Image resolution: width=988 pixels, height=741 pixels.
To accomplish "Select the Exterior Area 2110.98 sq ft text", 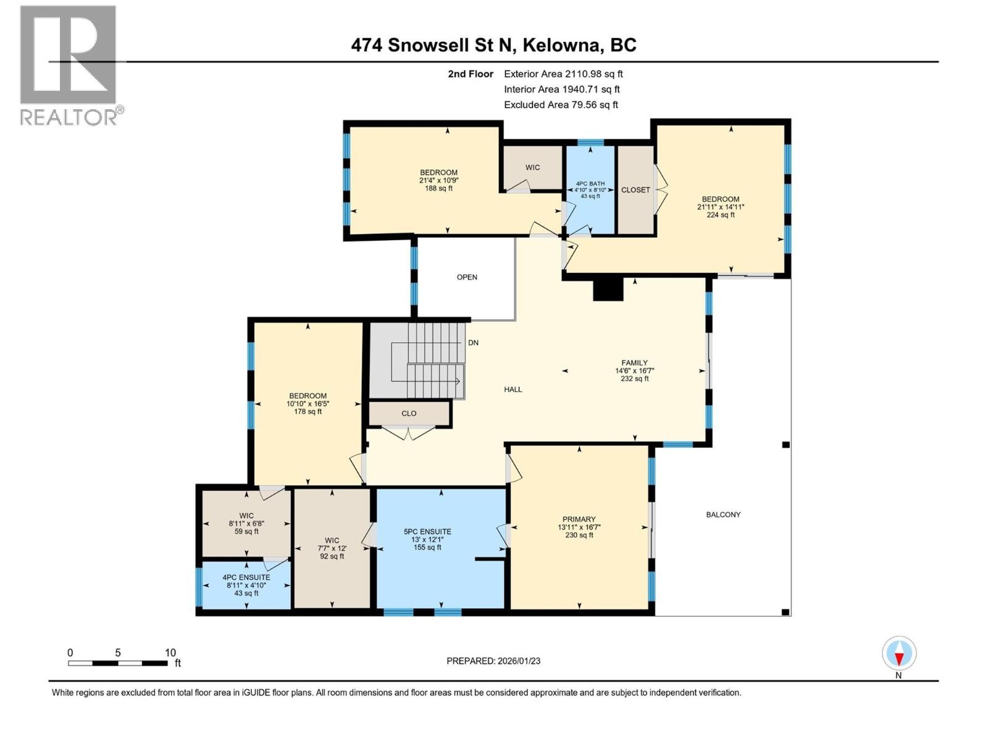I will pos(563,74).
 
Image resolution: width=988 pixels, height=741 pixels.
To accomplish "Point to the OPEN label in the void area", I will pos(467,277).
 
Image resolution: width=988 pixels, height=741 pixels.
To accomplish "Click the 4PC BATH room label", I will pos(590,183).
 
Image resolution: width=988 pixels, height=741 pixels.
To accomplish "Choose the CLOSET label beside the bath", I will pos(635,190).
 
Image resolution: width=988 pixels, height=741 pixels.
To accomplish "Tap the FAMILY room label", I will pos(635,363).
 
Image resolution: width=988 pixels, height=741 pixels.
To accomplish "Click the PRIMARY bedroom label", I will pos(579,519).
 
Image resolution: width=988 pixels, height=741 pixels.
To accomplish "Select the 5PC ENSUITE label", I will pos(427,532).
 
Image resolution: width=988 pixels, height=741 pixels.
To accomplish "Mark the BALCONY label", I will pos(723,514).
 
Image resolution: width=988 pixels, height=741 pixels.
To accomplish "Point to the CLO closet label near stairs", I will pos(409,414).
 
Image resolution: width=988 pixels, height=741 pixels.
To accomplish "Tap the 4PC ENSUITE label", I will pos(246,577).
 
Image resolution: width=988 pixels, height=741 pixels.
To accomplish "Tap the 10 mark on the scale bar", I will pos(170,653).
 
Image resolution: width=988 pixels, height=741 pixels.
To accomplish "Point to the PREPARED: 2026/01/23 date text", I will pos(493,661).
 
